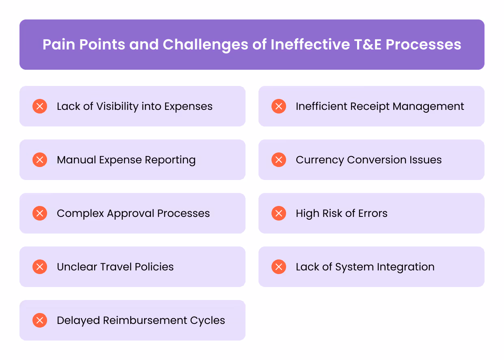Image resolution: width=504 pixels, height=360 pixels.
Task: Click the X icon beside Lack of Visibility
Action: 40,106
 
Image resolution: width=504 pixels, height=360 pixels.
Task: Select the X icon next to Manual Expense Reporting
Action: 40,160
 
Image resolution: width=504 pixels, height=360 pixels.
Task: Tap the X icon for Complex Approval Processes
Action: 40,213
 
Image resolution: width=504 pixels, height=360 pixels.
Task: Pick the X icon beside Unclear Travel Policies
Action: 40,267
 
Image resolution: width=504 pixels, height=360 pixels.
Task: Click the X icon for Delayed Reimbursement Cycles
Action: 40,320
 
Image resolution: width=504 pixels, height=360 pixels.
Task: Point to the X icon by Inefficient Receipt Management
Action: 279,106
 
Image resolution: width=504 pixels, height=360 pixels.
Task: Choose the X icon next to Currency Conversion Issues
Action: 279,160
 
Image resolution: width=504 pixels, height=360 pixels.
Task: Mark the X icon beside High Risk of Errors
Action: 279,213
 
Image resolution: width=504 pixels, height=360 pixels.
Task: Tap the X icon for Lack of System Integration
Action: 279,267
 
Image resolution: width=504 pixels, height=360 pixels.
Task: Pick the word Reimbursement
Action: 145,320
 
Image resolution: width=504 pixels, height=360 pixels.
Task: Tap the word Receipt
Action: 360,107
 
